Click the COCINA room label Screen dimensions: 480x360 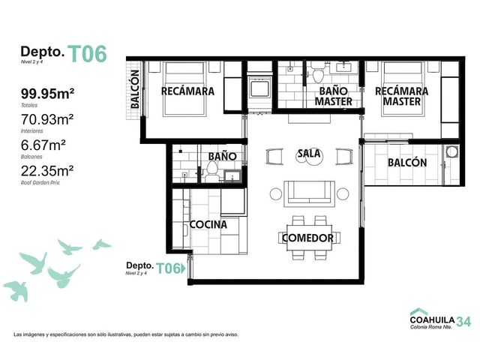point(208,225)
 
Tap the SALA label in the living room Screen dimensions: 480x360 point(309,153)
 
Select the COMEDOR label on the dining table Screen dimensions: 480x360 point(307,238)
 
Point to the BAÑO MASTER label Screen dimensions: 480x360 point(333,96)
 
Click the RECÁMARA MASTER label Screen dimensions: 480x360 point(402,96)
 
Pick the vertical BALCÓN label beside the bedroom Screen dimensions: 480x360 point(135,89)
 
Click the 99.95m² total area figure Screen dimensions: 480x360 point(47,93)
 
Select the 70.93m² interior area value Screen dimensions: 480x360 point(47,119)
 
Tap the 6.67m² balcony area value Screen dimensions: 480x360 point(43,145)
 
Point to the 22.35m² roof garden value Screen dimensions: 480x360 point(47,171)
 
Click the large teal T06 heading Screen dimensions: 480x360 point(87,54)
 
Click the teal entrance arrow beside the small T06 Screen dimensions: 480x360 point(183,268)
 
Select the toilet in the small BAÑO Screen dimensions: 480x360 point(211,172)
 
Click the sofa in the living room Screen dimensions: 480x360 point(309,193)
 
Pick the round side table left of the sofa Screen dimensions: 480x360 point(276,194)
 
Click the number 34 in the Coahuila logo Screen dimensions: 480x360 point(463,322)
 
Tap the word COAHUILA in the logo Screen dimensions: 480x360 point(432,320)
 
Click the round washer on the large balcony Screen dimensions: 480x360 point(451,151)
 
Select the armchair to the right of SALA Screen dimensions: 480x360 point(344,157)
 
